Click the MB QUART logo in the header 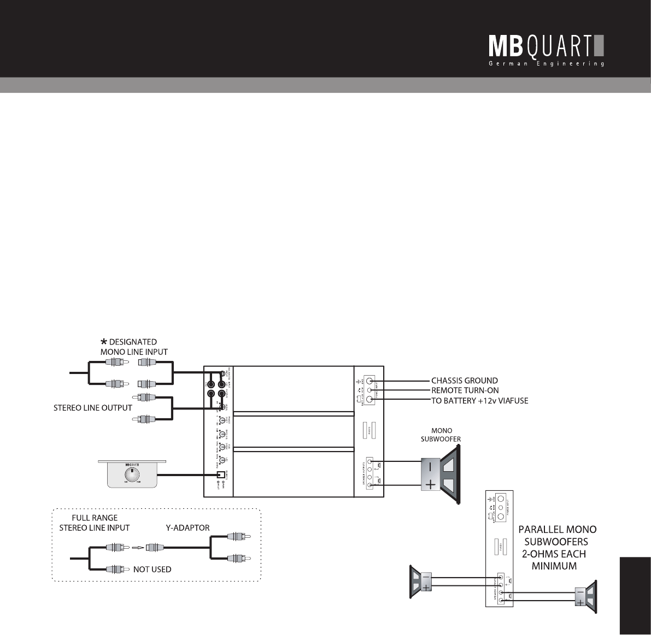(x=546, y=46)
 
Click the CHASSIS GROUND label (x=464, y=381)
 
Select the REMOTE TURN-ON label (x=465, y=390)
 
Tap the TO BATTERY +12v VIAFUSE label (x=479, y=401)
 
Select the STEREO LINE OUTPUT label (x=92, y=407)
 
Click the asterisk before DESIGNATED (x=103, y=342)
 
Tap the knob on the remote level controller (x=131, y=473)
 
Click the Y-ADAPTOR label (x=187, y=528)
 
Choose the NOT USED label (x=152, y=569)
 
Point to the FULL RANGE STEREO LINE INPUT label (x=95, y=523)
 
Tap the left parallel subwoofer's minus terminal (x=426, y=577)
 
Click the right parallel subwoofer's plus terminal (x=579, y=602)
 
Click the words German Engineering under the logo (x=546, y=64)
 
